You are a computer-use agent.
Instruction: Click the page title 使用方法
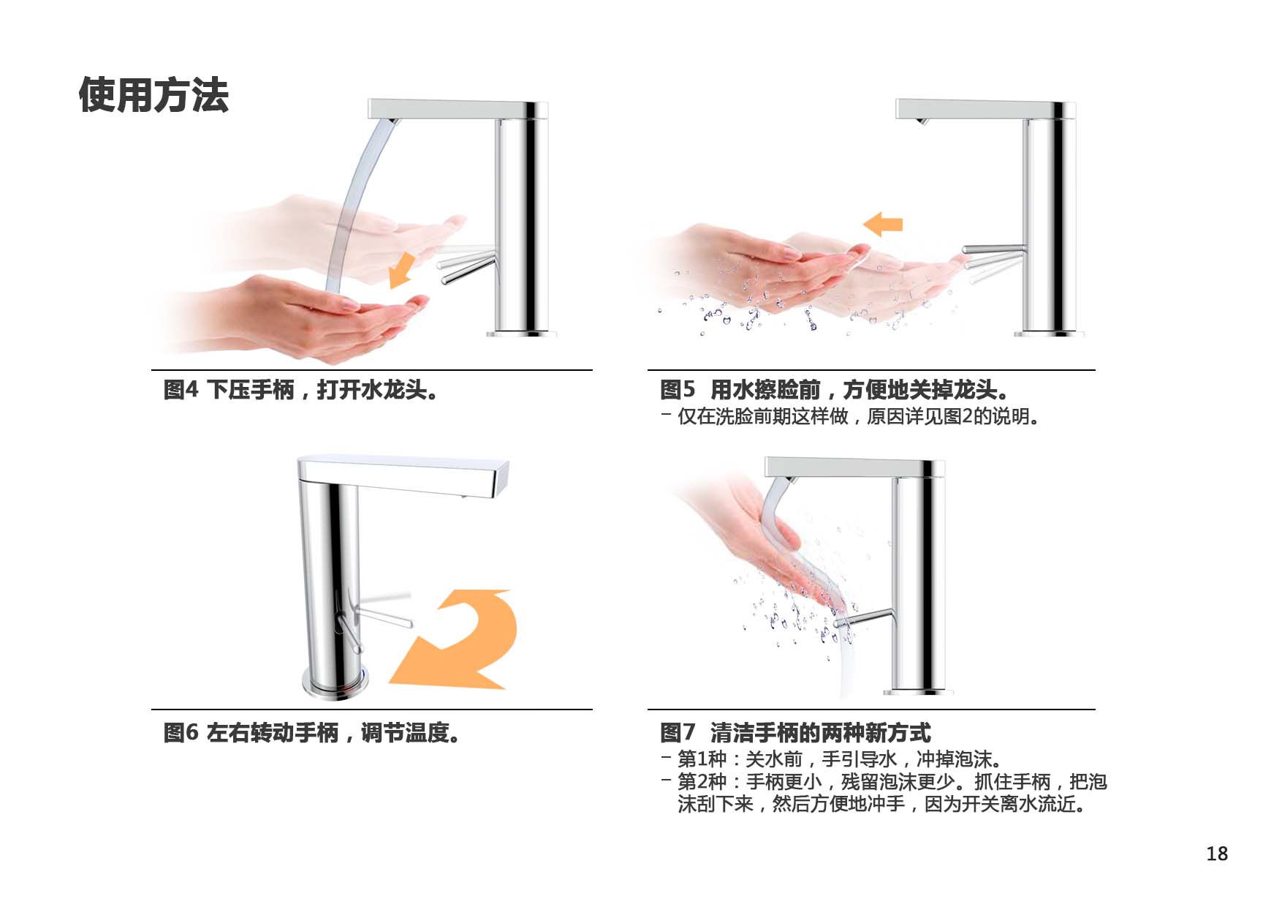153,96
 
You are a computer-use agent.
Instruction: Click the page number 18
1217,854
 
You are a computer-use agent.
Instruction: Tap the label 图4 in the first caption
181,390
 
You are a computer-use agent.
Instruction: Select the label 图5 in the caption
677,390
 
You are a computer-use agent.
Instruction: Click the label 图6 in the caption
181,732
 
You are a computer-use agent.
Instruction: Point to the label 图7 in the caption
677,732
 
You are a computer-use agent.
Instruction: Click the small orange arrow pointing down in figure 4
401,271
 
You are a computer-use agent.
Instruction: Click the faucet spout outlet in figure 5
922,121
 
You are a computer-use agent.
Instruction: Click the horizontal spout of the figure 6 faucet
409,476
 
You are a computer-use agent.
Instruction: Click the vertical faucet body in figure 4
522,227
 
